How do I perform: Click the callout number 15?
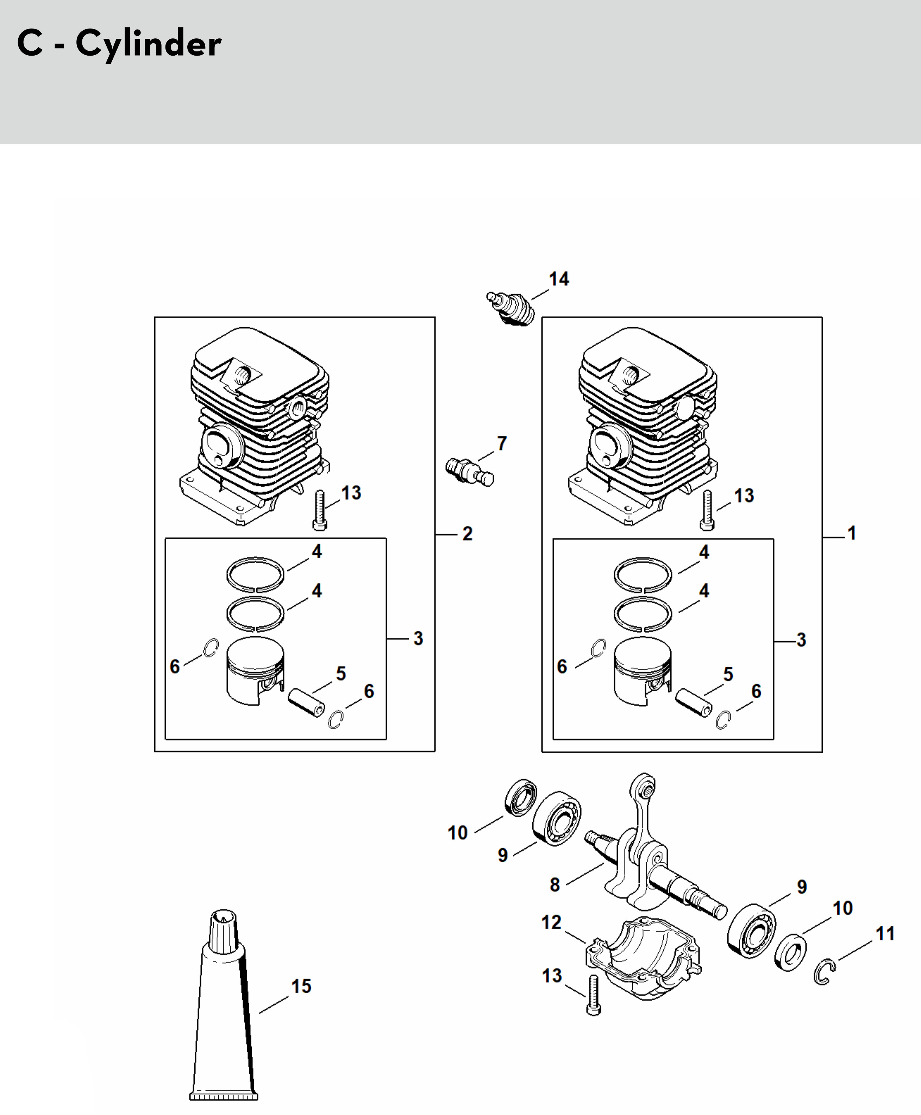coord(301,986)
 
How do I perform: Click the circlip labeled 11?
coord(824,971)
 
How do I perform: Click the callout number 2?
coord(468,534)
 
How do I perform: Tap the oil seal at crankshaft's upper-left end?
coord(520,797)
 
